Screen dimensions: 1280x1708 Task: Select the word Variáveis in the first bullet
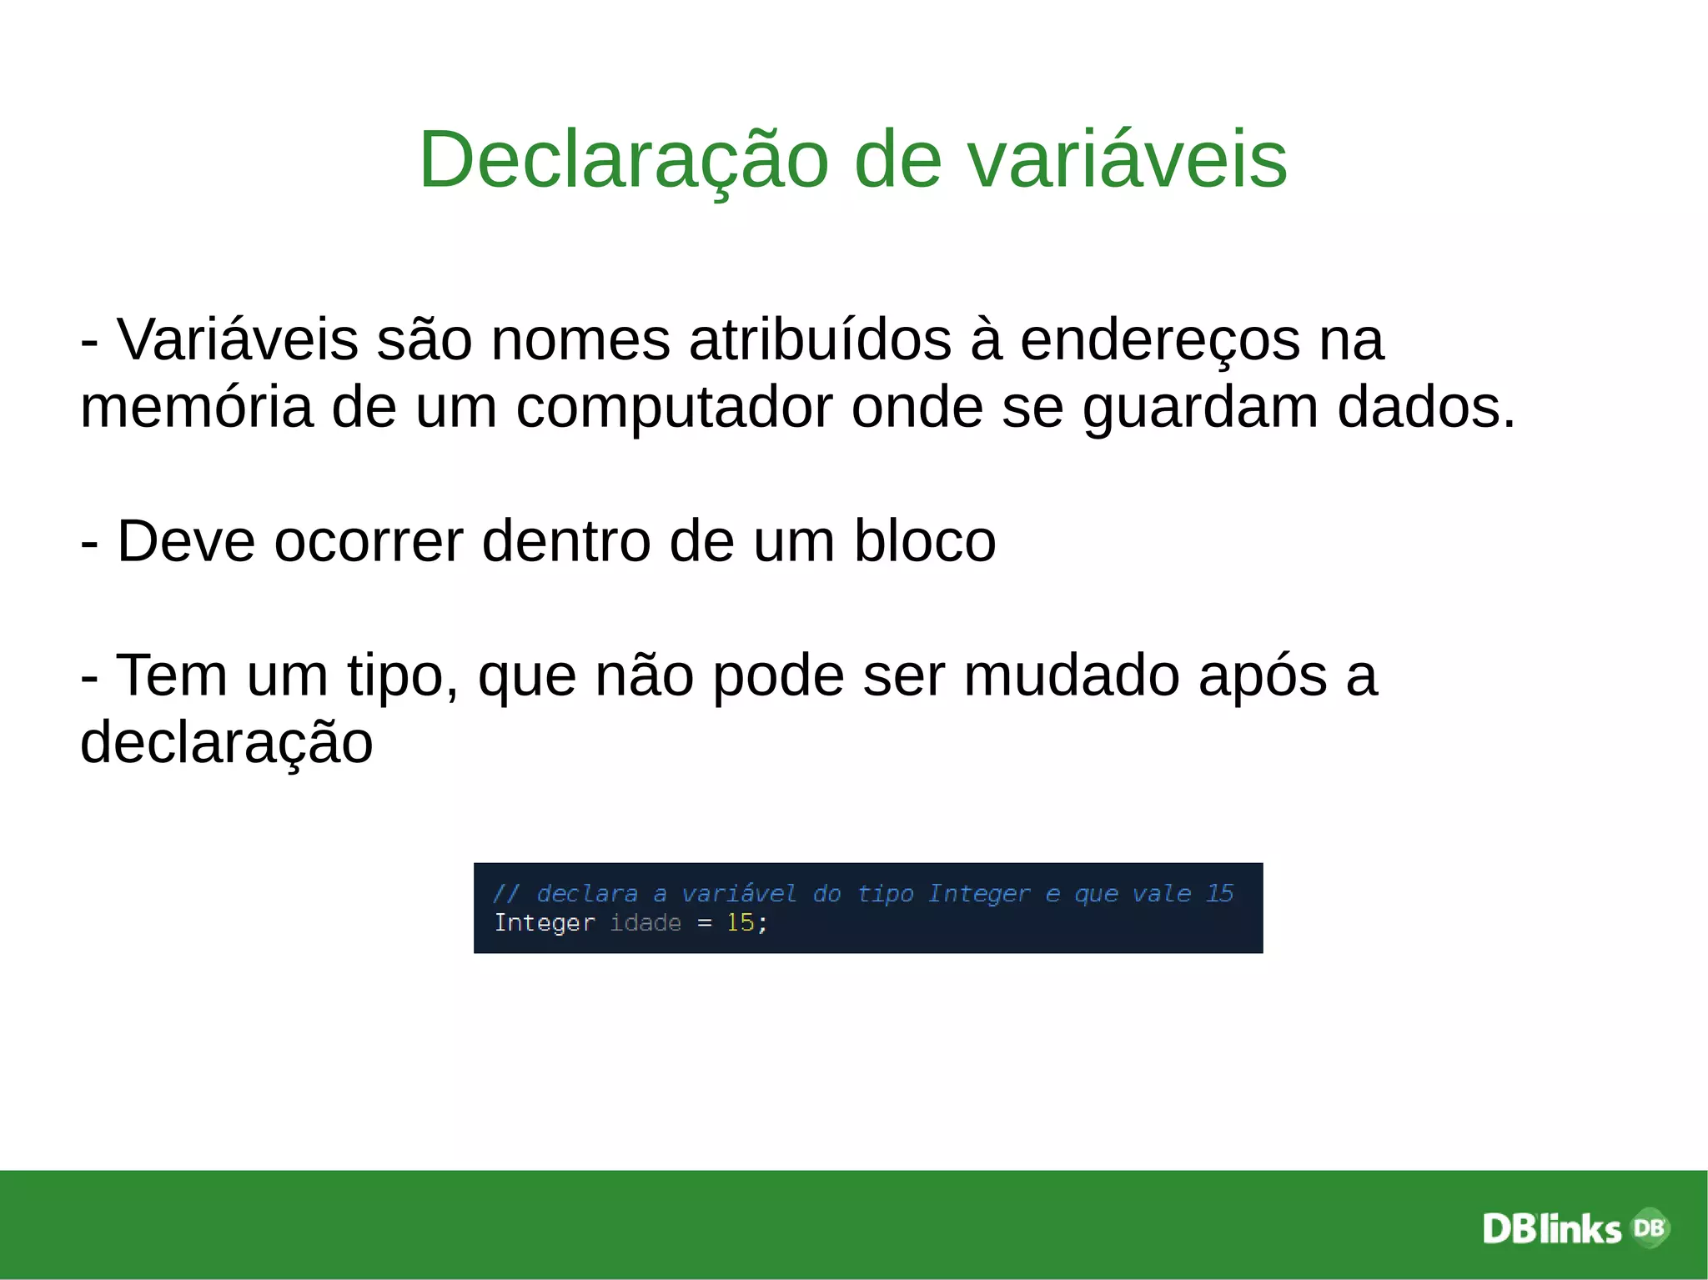pyautogui.click(x=237, y=339)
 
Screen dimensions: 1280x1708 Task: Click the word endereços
pyautogui.click(x=1159, y=341)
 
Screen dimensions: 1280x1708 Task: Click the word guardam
pyautogui.click(x=1200, y=409)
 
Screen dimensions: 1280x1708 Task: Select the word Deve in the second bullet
pyautogui.click(x=185, y=541)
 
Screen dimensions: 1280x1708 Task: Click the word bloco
pyautogui.click(x=925, y=541)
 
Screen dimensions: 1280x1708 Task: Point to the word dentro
pyautogui.click(x=566, y=541)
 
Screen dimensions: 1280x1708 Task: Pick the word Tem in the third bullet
pyautogui.click(x=171, y=675)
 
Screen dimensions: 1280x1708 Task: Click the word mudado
pyautogui.click(x=1072, y=675)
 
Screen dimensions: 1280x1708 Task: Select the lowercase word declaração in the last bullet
pyautogui.click(x=226, y=743)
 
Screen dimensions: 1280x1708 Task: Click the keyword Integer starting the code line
pyautogui.click(x=544, y=923)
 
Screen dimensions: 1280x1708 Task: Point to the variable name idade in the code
pyautogui.click(x=646, y=923)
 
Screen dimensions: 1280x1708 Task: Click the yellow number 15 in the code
pyautogui.click(x=740, y=923)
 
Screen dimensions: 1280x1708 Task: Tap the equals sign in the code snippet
pyautogui.click(x=705, y=923)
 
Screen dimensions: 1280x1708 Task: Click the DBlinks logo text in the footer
pyautogui.click(x=1551, y=1229)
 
